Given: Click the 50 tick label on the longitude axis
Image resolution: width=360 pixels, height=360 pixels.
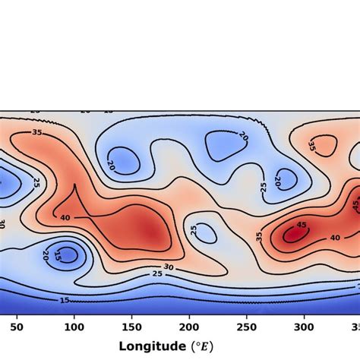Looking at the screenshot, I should pos(17,327).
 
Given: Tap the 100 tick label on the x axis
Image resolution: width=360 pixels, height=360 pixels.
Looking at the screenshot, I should pos(74,327).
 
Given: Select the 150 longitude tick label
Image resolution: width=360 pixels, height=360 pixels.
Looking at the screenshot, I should pos(131,327).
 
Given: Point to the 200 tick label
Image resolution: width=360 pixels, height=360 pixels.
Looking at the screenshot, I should pos(189,327).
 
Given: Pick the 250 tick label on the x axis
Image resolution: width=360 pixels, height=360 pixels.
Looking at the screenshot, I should pos(246,327).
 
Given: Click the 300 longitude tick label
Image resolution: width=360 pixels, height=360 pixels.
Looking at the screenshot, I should pos(304,327).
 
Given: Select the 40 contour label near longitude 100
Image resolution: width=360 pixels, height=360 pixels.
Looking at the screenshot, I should pos(65,218).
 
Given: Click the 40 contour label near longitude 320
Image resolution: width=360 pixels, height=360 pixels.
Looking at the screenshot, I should pos(334,238).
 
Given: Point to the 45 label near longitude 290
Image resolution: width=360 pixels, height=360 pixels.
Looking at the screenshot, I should pos(301,225).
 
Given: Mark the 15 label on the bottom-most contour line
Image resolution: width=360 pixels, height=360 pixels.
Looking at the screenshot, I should pos(65,300).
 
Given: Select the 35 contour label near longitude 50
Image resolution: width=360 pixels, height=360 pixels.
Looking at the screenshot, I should pos(37,131).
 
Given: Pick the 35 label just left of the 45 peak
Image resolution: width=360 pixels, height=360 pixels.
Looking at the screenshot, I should pos(259,236).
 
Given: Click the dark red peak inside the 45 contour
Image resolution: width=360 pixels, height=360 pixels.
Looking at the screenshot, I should pos(292,236).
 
